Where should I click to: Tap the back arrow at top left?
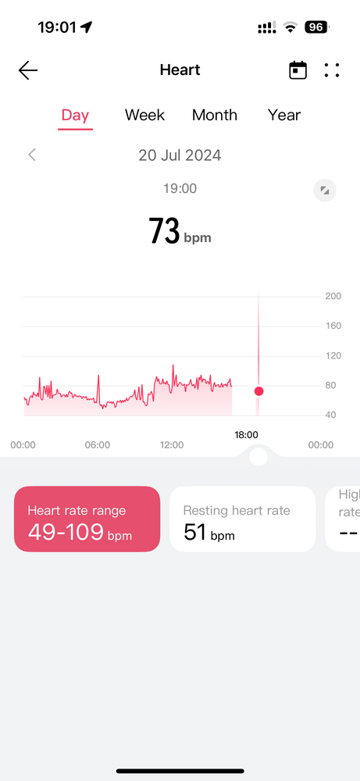click(28, 70)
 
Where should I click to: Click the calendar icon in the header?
click(298, 70)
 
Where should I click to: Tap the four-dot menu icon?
click(332, 70)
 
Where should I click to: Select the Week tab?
click(144, 115)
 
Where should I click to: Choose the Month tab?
click(215, 115)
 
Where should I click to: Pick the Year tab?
click(284, 115)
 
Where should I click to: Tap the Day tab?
click(75, 116)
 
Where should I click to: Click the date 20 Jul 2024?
click(180, 155)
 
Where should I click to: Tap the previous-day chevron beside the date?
click(32, 155)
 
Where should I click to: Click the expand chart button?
click(325, 191)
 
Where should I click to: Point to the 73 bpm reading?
click(180, 231)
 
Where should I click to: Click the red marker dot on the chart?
click(258, 391)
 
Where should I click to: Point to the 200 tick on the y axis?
click(333, 296)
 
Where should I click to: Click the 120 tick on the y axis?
click(333, 355)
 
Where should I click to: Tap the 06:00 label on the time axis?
click(98, 445)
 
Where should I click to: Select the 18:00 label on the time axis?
click(247, 435)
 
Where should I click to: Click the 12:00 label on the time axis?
click(172, 445)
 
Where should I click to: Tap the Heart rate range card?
click(87, 519)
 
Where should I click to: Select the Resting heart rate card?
click(243, 519)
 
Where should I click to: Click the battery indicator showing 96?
click(317, 27)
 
